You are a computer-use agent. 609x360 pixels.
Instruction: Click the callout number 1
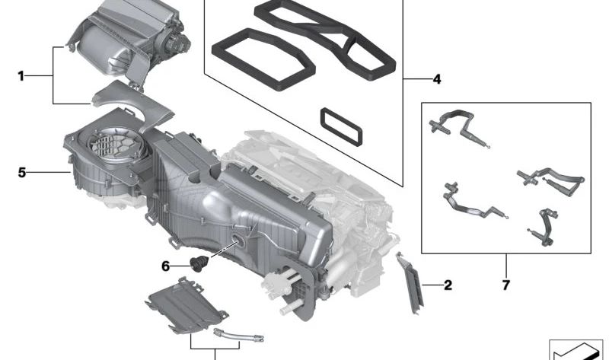click(21, 75)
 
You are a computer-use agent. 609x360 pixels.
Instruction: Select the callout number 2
click(448, 285)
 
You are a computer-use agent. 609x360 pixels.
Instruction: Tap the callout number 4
click(436, 78)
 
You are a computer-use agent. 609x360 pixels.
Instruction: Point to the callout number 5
click(21, 173)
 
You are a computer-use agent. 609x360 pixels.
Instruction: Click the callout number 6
click(165, 266)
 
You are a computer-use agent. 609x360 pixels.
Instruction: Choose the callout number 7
click(505, 286)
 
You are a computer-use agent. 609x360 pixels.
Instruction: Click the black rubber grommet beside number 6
click(200, 265)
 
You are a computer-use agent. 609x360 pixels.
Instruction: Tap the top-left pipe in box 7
click(455, 121)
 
